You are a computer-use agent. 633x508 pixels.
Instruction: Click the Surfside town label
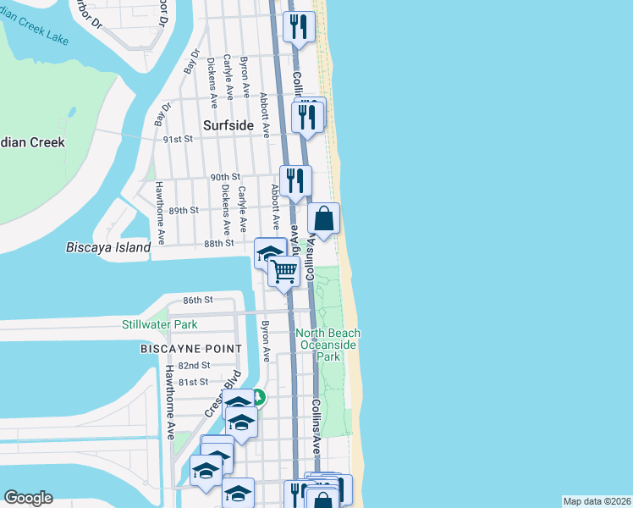tap(228, 125)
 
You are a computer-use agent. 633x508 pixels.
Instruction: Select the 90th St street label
tap(219, 177)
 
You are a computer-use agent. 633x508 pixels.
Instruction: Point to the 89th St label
tap(184, 210)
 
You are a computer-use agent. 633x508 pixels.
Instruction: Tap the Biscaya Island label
tap(108, 248)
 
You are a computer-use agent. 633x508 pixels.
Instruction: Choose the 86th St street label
tap(197, 300)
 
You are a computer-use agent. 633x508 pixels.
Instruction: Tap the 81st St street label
tap(192, 382)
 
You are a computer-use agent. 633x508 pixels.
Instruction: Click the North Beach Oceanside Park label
tap(328, 345)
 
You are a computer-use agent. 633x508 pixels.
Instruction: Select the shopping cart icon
tap(285, 272)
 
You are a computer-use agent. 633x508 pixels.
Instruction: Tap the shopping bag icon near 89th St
tap(324, 218)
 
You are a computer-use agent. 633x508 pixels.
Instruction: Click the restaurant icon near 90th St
tap(295, 180)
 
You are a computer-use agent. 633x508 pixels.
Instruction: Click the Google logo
tap(28, 498)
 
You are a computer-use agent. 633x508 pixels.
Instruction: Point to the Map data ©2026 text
tap(596, 501)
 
